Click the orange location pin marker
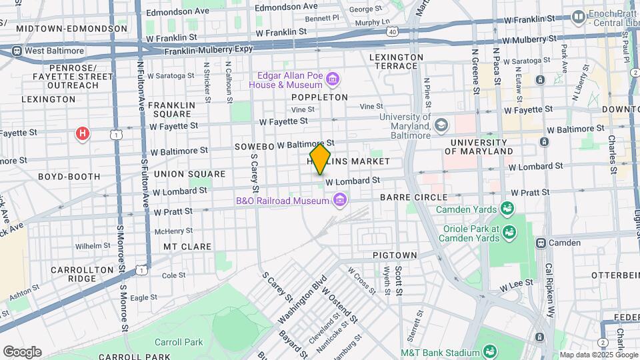[320, 159]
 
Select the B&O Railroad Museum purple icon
[340, 199]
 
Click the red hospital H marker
[83, 134]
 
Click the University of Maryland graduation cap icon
[441, 125]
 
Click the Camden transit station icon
[541, 243]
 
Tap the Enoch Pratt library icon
[578, 15]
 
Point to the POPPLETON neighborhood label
[319, 97]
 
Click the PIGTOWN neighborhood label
[395, 255]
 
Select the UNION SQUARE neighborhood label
[183, 173]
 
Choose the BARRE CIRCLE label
[413, 197]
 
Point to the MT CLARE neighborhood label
[187, 247]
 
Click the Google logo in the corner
[22, 351]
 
